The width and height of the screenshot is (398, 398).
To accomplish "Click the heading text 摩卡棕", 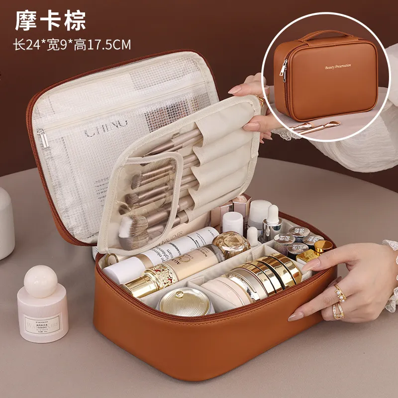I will click(50, 20).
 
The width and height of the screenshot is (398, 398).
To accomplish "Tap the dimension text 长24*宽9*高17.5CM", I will click(72, 45).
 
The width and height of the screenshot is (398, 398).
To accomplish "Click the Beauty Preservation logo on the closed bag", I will click(338, 66).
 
